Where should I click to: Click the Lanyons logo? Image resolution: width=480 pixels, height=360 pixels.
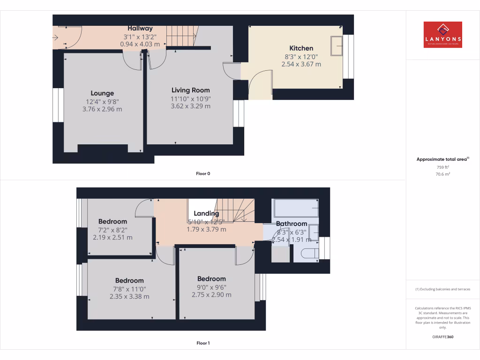[x=442, y=35]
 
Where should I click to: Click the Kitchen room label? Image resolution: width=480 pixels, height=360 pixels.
[x=301, y=48]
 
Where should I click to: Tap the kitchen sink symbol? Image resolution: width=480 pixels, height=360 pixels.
[x=336, y=45]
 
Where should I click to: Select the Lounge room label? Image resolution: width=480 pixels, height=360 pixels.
[x=102, y=93]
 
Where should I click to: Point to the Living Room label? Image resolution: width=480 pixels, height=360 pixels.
[x=190, y=90]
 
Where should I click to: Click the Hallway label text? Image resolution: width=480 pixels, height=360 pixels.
[x=140, y=29]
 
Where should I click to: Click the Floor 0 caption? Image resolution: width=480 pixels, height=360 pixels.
[x=203, y=174]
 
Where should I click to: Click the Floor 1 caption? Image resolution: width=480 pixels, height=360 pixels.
[x=203, y=343]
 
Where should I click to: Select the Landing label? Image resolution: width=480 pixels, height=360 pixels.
[x=206, y=214]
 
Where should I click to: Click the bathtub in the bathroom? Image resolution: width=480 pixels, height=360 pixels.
[x=295, y=207]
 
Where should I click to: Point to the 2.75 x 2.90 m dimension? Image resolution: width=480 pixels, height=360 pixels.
[x=211, y=295]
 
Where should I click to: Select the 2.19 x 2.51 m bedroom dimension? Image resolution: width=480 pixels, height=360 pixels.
[x=112, y=238]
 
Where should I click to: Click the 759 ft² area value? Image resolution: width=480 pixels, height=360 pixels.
[x=442, y=167]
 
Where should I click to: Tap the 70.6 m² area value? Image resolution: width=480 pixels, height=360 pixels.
[x=442, y=174]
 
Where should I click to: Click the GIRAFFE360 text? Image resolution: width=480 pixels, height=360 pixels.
[x=442, y=337]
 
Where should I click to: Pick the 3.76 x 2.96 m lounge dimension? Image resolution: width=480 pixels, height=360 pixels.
[x=102, y=109]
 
